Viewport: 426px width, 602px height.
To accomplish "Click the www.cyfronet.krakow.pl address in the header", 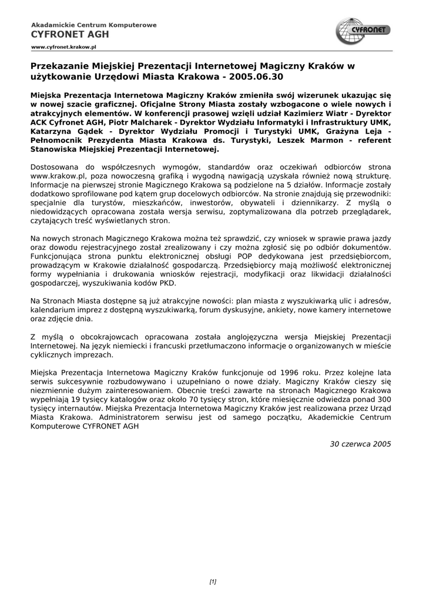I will (x=63, y=46).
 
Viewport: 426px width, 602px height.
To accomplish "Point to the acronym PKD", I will (x=167, y=283).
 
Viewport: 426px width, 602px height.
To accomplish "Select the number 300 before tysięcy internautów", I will (x=383, y=399).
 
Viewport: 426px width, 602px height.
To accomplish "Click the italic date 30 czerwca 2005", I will (x=360, y=444).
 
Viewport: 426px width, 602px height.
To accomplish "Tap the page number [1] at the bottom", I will (x=213, y=582).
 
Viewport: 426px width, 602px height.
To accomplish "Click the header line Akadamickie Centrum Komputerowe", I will (x=93, y=25).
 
